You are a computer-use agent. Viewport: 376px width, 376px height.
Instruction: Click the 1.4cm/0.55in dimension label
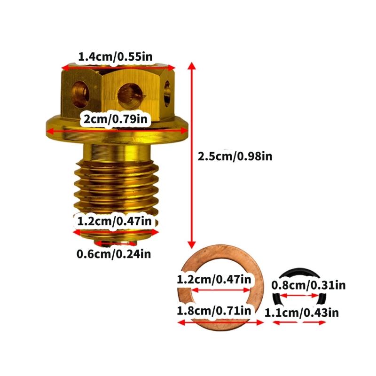[x=115, y=57]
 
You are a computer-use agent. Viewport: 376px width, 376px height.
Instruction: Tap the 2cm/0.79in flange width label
[x=115, y=119]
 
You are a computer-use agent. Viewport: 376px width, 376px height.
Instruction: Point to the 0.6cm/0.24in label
[x=114, y=255]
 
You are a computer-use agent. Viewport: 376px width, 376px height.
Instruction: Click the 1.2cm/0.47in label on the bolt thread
[x=114, y=220]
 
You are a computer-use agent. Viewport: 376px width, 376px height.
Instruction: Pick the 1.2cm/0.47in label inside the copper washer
[x=214, y=280]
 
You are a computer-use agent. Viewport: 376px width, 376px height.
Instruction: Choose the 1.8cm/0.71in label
[x=214, y=311]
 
